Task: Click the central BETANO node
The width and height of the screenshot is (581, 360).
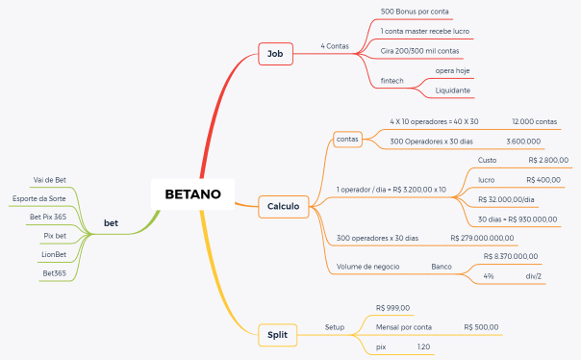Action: tap(192, 194)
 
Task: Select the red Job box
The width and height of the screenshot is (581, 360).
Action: tap(273, 54)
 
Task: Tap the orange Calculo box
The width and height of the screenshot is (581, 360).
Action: tap(283, 205)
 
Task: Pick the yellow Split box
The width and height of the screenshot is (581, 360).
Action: tap(276, 334)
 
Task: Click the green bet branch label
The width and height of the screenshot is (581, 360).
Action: tap(111, 223)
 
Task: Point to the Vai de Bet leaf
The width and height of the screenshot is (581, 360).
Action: tap(49, 180)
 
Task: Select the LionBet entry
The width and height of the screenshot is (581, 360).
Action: tap(54, 254)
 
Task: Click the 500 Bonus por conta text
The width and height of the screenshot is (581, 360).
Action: tap(415, 12)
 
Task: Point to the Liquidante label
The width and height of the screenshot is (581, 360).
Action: tap(452, 90)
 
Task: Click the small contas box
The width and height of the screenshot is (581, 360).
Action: tap(347, 139)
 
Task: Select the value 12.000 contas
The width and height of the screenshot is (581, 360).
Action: tap(534, 122)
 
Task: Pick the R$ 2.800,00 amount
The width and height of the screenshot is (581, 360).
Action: tap(548, 160)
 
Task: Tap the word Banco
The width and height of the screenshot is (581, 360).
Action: tap(442, 266)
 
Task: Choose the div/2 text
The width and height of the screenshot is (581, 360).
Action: tap(533, 276)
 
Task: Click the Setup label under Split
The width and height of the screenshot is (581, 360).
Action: tap(334, 327)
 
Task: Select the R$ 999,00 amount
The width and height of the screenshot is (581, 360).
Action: tap(392, 308)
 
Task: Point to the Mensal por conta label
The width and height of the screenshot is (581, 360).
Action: tap(403, 327)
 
